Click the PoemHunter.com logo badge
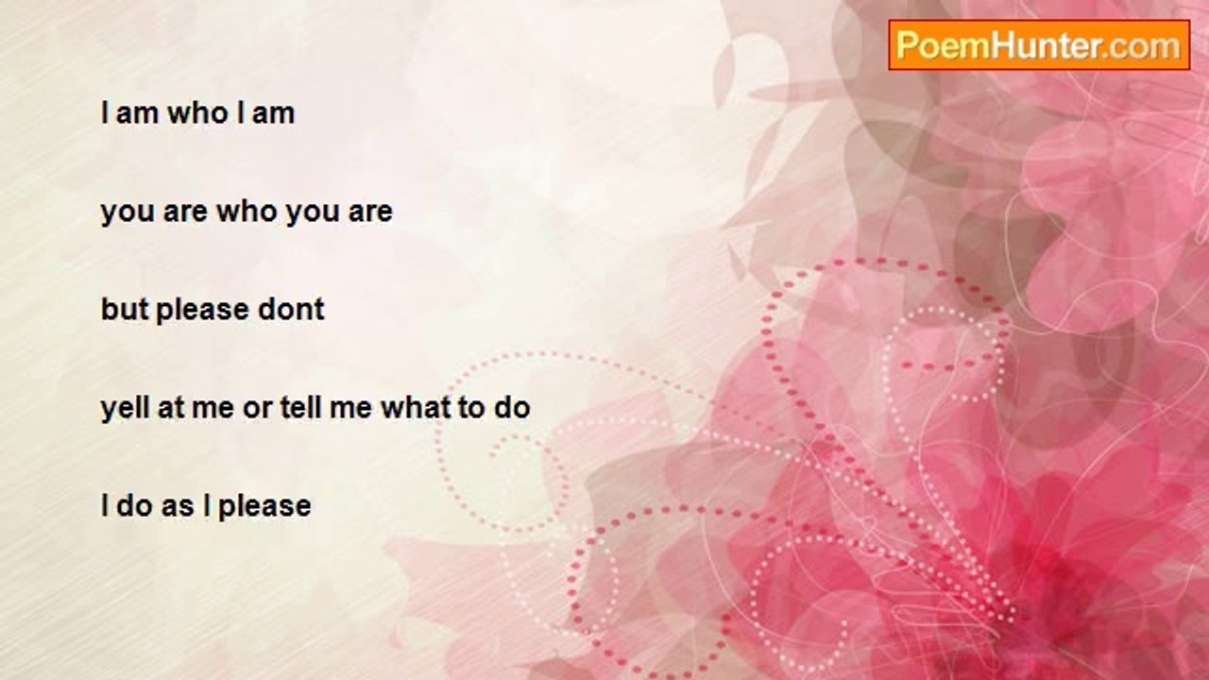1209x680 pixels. pyautogui.click(x=1039, y=45)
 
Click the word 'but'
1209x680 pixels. pyautogui.click(x=124, y=309)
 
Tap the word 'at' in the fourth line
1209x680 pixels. pyautogui.click(x=171, y=409)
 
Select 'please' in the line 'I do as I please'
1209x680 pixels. pyautogui.click(x=264, y=508)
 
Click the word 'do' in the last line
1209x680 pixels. pyautogui.click(x=134, y=505)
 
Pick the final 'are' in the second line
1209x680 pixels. pyautogui.click(x=370, y=212)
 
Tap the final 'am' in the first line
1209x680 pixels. pyautogui.click(x=273, y=114)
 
